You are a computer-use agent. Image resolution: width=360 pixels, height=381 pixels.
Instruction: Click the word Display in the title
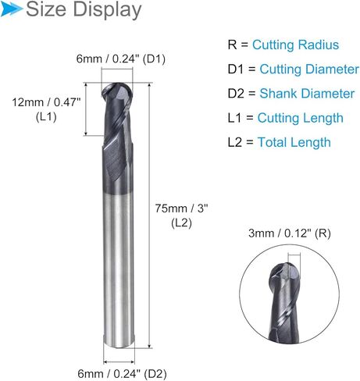[107, 11]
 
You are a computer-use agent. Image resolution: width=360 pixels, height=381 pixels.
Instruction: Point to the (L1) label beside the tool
[45, 117]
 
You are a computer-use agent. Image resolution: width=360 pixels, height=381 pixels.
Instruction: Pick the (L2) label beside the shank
[181, 223]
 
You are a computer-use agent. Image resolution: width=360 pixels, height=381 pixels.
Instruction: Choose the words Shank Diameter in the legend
[306, 94]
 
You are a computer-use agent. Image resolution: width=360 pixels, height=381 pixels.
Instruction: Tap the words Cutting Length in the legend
[301, 118]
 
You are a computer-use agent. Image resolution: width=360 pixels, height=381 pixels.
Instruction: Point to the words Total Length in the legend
[294, 142]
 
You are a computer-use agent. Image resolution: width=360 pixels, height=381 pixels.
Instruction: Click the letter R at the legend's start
[232, 45]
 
